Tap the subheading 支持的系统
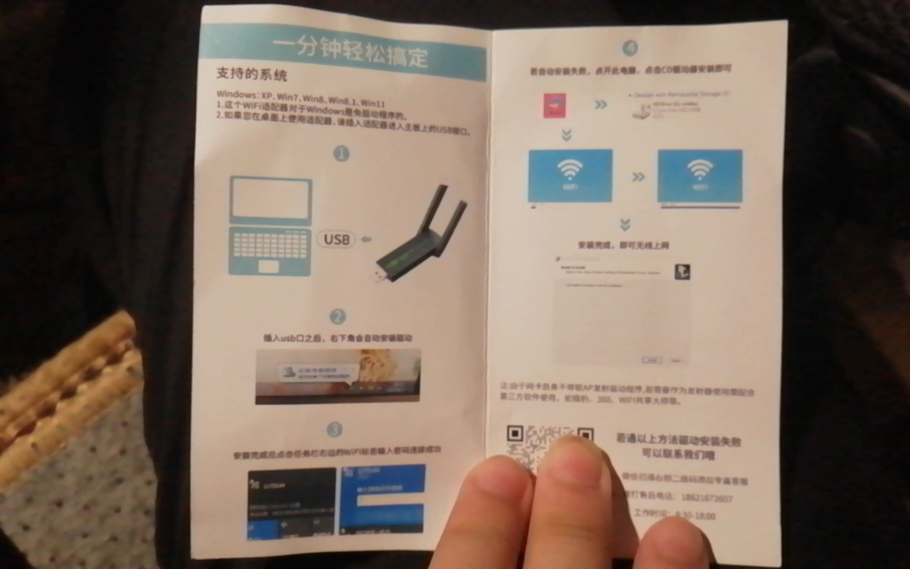pos(251,74)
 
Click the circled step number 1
pos(341,154)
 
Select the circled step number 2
pos(338,316)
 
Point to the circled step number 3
pos(334,430)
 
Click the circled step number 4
pos(630,48)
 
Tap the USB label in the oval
pos(337,240)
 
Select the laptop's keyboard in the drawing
pos(270,244)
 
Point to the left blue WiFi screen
pos(570,175)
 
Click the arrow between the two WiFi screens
pos(638,177)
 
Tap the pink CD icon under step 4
pos(555,105)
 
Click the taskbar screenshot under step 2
pos(338,376)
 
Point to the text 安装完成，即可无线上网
pos(623,245)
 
